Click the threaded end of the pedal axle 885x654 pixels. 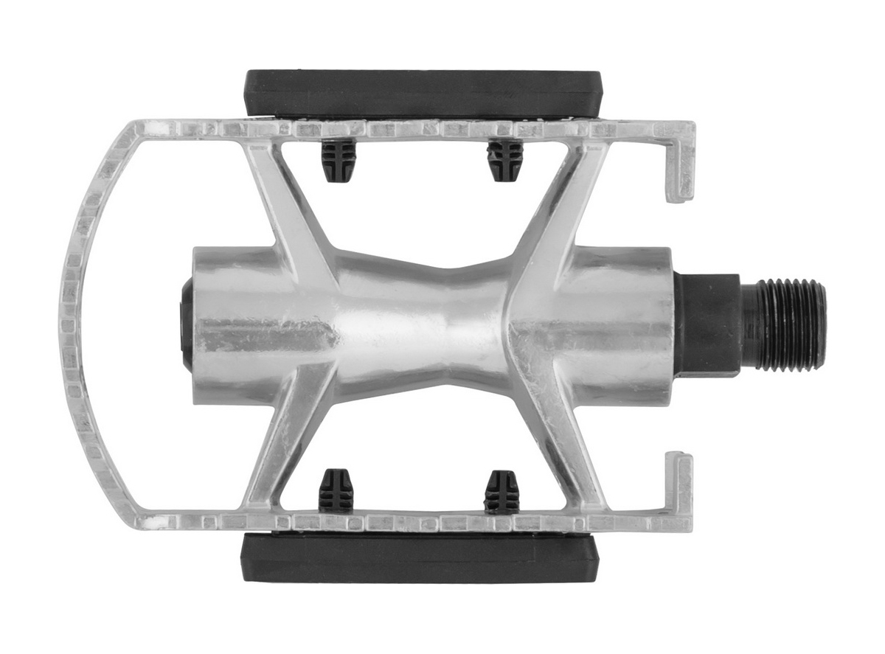click(785, 324)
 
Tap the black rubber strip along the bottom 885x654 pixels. click(420, 557)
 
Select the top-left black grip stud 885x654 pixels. click(339, 160)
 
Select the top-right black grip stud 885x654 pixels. click(505, 160)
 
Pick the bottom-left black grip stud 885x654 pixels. click(336, 490)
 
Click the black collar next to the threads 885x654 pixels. click(707, 324)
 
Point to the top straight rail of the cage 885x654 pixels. click(413, 130)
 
